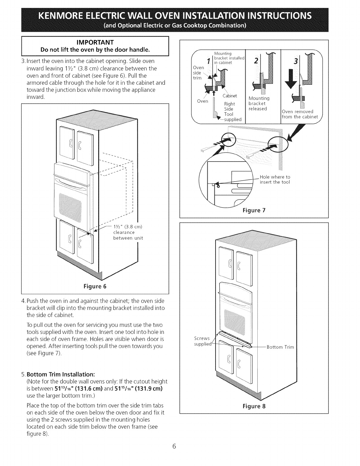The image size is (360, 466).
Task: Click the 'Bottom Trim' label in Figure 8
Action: (280, 347)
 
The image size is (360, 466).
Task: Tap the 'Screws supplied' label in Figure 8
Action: (202, 341)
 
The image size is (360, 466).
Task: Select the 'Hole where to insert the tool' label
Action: (275, 179)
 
